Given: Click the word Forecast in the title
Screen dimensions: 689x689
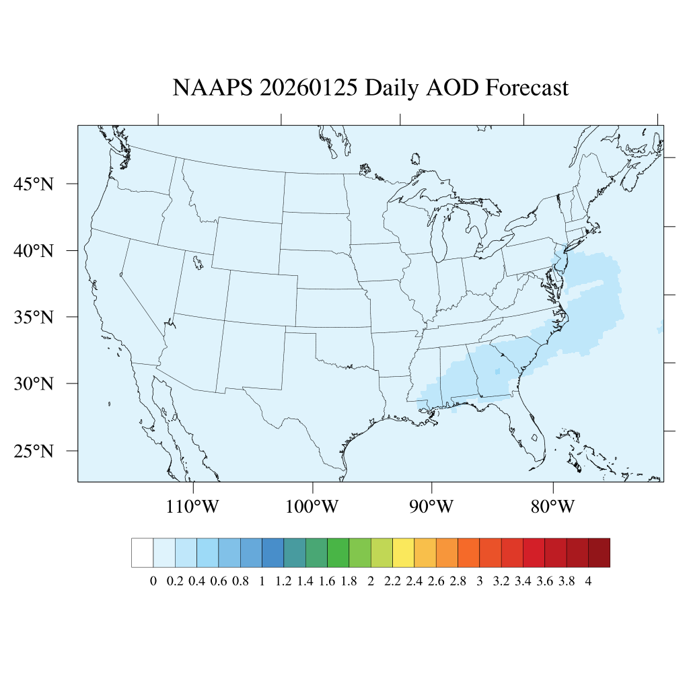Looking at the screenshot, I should point(527,88).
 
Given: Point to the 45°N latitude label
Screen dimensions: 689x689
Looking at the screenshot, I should point(34,184).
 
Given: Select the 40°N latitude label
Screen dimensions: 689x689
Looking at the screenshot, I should point(34,251).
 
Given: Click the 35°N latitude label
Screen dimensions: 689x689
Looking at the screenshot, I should point(34,317).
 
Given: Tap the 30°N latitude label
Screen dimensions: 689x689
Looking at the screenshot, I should point(34,384).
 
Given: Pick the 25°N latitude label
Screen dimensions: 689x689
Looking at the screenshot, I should point(34,451).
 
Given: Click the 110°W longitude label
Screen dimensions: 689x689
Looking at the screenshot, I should point(192,506).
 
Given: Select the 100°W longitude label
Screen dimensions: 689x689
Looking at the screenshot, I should point(313,506).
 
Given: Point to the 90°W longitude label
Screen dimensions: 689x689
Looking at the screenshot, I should point(432,506).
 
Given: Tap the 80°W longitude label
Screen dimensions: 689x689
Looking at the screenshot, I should point(552,506).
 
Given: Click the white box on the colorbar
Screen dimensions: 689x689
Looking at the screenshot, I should point(143,552).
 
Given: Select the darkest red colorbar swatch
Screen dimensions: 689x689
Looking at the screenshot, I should point(599,552).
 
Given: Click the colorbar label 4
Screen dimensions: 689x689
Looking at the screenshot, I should point(588,582).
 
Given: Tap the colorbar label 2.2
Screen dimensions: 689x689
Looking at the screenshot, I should point(392,582).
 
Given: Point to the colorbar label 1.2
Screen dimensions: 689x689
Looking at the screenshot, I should point(283,582).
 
